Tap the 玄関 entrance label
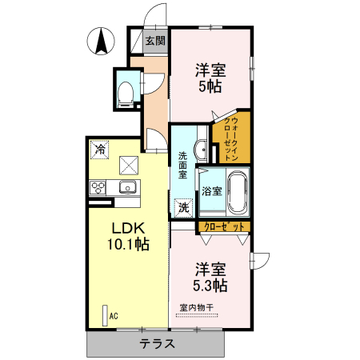pyautogui.click(x=155, y=41)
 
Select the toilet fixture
pyautogui.click(x=126, y=93)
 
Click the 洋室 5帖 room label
pyautogui.click(x=211, y=77)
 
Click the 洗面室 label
pyautogui.click(x=182, y=164)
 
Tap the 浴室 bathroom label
pyautogui.click(x=211, y=191)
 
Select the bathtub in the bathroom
pyautogui.click(x=238, y=192)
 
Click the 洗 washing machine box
pyautogui.click(x=184, y=208)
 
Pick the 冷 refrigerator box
pyautogui.click(x=100, y=149)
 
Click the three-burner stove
pyautogui.click(x=99, y=188)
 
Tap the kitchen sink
pyautogui.click(x=127, y=188)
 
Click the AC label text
pyautogui.click(x=114, y=316)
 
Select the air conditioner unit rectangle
pyautogui.click(x=104, y=315)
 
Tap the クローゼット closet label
pyautogui.click(x=224, y=227)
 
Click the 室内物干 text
pyautogui.click(x=196, y=307)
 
